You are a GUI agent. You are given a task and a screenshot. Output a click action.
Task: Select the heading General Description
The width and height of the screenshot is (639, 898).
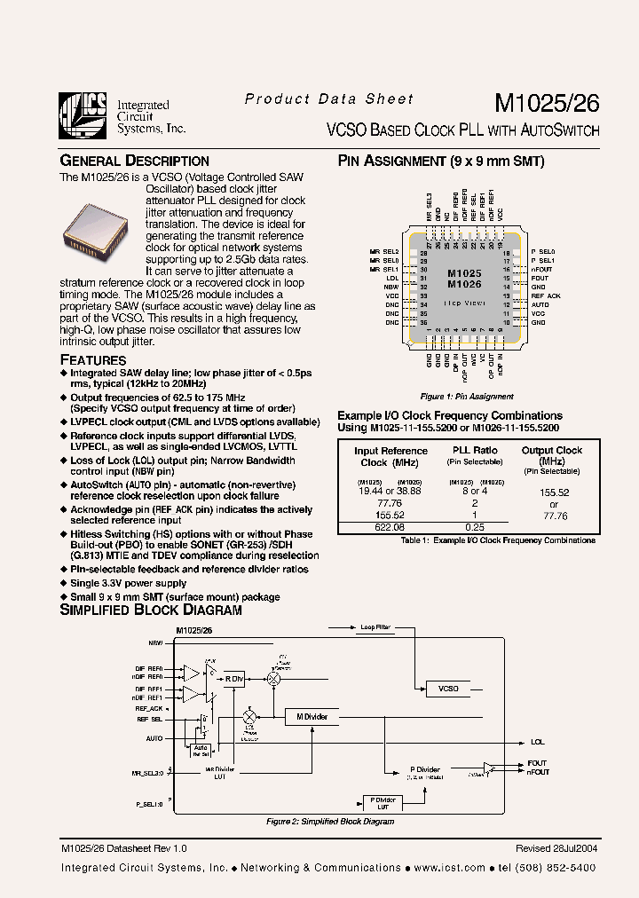pos(134,161)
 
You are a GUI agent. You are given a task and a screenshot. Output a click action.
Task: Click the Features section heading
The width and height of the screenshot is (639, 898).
pos(92,359)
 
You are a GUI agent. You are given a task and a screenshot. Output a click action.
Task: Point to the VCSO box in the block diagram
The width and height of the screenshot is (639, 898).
pos(447,688)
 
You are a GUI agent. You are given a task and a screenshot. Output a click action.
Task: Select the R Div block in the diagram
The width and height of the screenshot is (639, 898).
pos(233,678)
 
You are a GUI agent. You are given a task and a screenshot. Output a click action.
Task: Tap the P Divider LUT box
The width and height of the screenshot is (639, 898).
pos(383,802)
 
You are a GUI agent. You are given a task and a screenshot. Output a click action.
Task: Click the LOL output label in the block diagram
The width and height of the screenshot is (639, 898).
pos(538,742)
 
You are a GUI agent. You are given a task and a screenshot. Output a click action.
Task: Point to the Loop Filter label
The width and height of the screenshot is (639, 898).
pos(375,626)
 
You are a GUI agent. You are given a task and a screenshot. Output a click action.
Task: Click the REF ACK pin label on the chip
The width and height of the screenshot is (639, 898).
pos(546,295)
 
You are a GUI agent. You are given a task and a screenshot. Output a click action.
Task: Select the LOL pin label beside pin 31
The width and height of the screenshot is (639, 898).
pos(392,278)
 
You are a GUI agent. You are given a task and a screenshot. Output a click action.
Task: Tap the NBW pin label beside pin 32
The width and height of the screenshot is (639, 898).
pos(391,287)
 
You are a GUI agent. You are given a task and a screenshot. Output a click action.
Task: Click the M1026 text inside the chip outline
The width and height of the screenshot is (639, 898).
pos(464,284)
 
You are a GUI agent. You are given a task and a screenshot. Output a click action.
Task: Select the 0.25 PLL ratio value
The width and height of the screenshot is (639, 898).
pos(475,526)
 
